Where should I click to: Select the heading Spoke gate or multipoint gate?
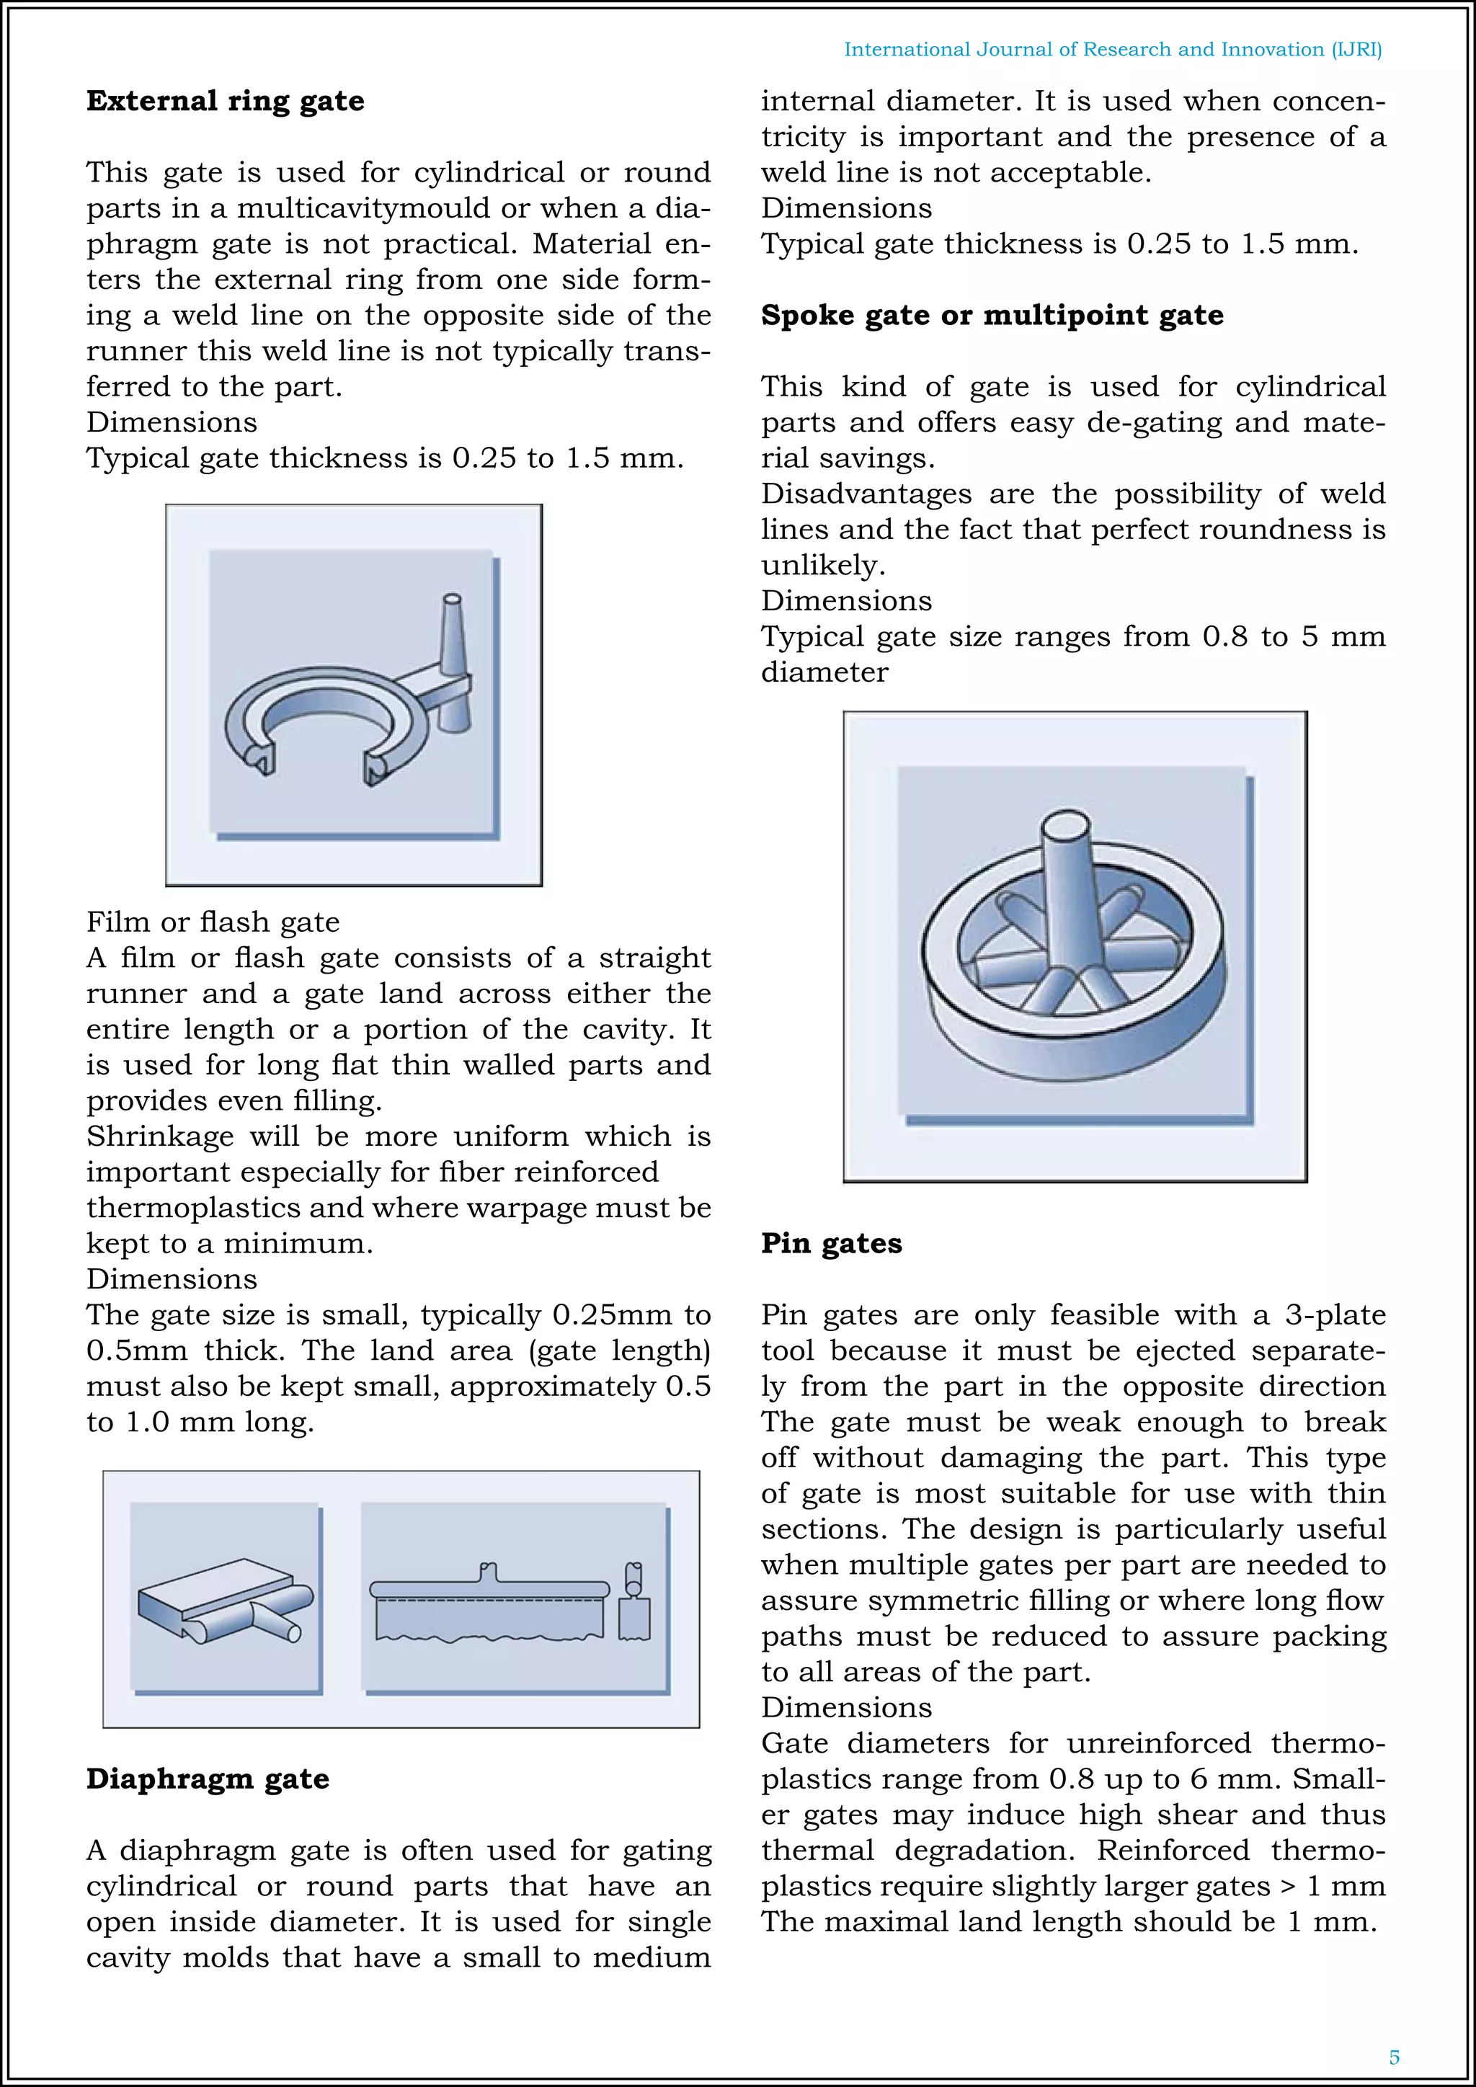tap(992, 316)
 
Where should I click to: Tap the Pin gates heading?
tap(831, 1243)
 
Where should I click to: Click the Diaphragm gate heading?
tap(208, 1779)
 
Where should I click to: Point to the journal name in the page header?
tap(1113, 50)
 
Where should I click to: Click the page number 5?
tap(1393, 2057)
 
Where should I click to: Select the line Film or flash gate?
tap(213, 922)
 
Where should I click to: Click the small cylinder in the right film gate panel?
tap(633, 1579)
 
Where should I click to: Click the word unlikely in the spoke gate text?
tap(822, 566)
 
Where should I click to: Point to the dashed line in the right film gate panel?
tap(491, 1599)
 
